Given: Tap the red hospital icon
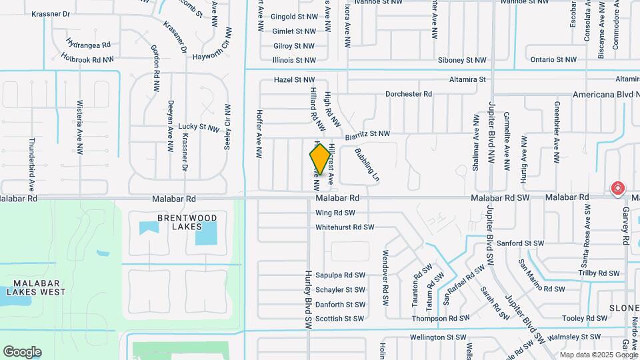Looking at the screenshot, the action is pos(618,189).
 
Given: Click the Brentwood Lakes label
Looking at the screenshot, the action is pos(179,222).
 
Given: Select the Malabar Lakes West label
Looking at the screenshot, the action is pos(36,287).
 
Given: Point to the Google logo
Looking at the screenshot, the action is pos(22,352).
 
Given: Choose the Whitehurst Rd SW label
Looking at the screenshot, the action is pos(345,227).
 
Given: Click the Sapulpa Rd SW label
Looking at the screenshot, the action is pos(340,275).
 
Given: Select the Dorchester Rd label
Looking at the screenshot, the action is pos(409,94).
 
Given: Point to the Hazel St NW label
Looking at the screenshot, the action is pos(294,79).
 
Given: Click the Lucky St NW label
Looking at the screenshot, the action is pos(199,127).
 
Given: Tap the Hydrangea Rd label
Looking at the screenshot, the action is pos(88,45).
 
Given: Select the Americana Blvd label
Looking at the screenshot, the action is pos(603,95).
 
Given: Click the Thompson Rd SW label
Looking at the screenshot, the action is pos(438,319).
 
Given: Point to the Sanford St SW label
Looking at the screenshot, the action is pos(521,244).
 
